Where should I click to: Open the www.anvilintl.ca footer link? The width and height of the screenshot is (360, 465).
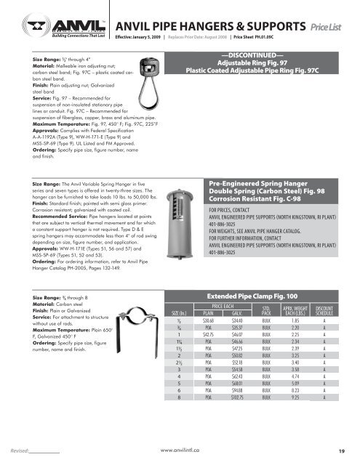coord(180,450)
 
